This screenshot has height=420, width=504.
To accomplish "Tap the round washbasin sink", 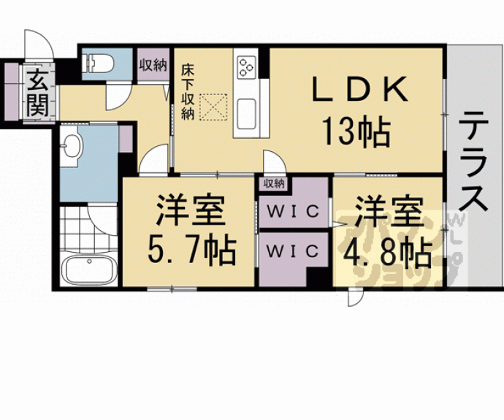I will click(x=72, y=145).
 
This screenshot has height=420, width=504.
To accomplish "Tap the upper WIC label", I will click(x=294, y=213).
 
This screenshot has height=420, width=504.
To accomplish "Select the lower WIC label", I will click(x=292, y=251).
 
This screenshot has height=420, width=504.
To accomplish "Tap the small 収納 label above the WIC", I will click(x=274, y=183).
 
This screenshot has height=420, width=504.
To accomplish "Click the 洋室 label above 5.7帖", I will click(x=189, y=212).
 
